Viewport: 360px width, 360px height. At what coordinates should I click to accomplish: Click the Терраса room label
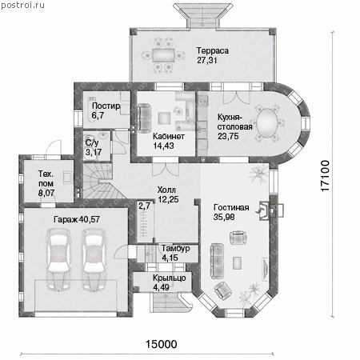coord(213,50)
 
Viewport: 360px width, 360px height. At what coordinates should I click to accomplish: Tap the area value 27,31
coord(207,60)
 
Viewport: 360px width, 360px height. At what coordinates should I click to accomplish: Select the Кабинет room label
coord(169,136)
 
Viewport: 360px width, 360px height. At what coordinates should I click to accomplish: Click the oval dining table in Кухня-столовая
coord(267,123)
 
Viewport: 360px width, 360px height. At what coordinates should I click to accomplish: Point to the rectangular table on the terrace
coord(163,55)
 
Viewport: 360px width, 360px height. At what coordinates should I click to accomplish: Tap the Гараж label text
coord(66,219)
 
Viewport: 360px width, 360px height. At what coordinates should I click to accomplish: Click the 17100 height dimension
coord(325,176)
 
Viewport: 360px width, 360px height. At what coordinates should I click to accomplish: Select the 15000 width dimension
coord(161,344)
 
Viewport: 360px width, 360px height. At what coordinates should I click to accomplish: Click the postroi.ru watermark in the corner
coord(22,5)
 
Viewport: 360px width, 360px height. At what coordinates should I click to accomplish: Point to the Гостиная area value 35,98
coord(224,217)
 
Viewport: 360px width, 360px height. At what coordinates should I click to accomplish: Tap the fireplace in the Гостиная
coord(264,210)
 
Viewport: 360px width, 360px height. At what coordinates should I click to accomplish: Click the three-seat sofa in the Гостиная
coord(217,261)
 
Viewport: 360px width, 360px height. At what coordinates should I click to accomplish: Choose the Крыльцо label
coord(170,278)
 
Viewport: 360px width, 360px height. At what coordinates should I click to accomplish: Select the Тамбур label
coord(176,248)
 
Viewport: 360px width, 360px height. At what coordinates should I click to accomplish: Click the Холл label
coord(166,190)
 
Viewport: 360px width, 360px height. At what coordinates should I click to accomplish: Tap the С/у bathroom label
coord(92,142)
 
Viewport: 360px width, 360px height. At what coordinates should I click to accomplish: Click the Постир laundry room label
coord(106,106)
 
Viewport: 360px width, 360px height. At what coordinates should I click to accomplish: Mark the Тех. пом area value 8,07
coord(46,193)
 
